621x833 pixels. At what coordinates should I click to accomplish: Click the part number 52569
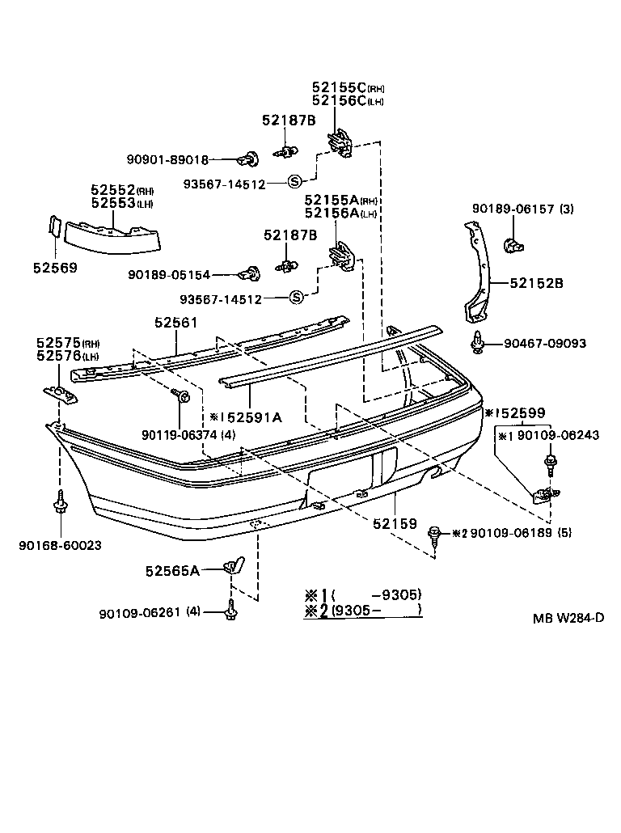point(56,267)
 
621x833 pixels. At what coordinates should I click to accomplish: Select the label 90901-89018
point(167,160)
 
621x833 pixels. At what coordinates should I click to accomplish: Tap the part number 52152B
point(536,283)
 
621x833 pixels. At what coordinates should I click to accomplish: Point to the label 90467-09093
point(544,344)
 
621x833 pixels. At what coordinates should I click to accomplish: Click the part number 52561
point(175,323)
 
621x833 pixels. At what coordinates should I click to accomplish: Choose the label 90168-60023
point(61,545)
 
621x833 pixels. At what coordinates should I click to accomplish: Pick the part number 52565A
point(172,570)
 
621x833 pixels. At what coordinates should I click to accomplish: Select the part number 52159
point(395,523)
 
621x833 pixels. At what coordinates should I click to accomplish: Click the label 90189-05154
point(168,275)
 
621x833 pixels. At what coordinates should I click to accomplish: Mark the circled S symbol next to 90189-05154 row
point(296,298)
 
